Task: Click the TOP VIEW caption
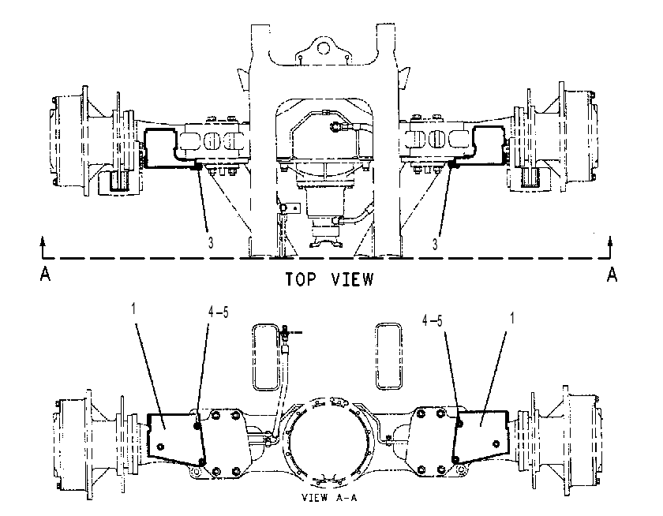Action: pos(329,279)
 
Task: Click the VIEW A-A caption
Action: pos(329,497)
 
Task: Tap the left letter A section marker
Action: pos(45,275)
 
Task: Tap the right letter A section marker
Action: pos(612,275)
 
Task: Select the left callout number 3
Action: pos(211,242)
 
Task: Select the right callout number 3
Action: pos(435,244)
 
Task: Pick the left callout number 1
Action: pos(133,309)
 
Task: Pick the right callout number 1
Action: pos(512,318)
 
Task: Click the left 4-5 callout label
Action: pos(218,312)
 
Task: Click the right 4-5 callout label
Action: pos(433,321)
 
